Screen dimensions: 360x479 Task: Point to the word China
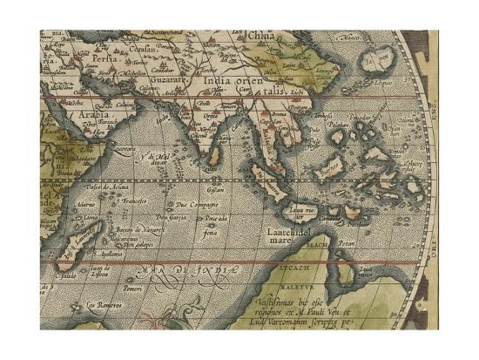260,36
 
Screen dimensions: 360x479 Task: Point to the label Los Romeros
102,305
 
